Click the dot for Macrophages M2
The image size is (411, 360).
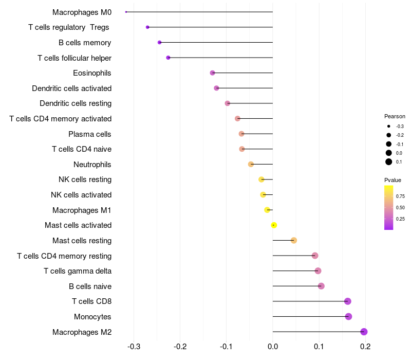point(364,332)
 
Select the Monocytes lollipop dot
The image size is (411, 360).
point(348,316)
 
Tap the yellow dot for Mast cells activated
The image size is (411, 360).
point(274,225)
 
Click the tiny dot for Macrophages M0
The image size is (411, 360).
point(126,12)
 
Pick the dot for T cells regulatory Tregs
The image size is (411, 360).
point(147,27)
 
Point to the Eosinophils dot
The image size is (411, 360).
point(212,73)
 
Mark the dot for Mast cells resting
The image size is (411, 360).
point(294,240)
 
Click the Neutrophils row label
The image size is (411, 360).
point(92,165)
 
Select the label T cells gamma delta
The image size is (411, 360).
point(78,271)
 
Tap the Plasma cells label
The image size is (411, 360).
point(89,134)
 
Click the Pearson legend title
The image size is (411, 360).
point(395,116)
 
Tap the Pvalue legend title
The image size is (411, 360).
point(393,180)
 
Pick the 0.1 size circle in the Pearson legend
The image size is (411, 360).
point(389,162)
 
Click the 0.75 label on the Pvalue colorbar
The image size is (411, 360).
point(400,196)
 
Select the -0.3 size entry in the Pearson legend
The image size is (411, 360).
point(389,127)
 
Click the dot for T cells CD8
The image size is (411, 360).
point(347,301)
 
